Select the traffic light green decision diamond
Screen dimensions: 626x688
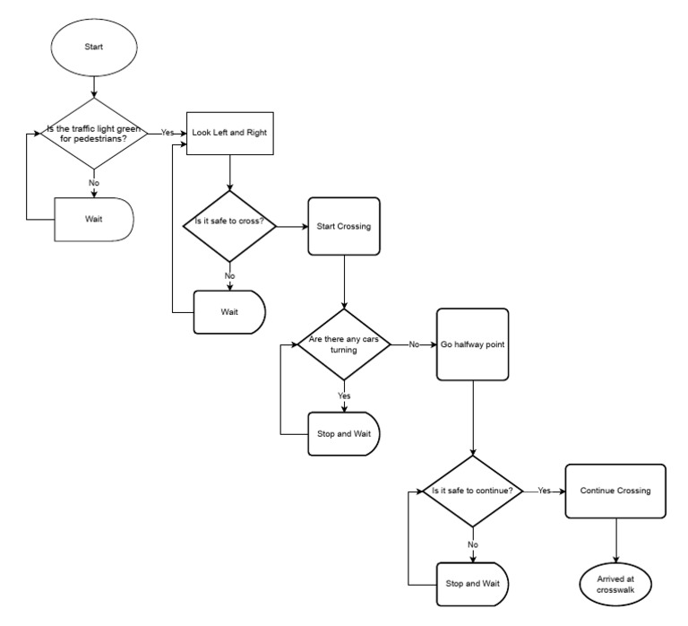click(93, 134)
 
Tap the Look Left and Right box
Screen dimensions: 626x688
click(230, 133)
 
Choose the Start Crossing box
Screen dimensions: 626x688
click(344, 225)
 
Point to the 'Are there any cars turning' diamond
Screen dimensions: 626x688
click(344, 344)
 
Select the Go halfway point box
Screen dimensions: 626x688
click(473, 343)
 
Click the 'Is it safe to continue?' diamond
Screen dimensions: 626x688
click(472, 491)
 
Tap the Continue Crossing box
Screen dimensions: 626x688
click(615, 491)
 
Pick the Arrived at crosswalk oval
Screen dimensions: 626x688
click(615, 582)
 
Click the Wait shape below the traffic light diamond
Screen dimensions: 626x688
click(94, 217)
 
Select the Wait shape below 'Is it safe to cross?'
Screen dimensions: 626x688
click(230, 312)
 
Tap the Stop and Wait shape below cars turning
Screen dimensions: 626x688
click(344, 433)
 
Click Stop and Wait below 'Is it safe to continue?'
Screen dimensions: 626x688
click(472, 583)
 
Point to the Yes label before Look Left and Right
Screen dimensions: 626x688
click(168, 132)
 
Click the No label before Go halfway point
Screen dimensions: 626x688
click(414, 343)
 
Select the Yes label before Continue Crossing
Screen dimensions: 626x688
click(544, 491)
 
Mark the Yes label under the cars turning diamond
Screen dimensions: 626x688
click(344, 395)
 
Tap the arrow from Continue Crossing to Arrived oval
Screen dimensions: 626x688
click(615, 538)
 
